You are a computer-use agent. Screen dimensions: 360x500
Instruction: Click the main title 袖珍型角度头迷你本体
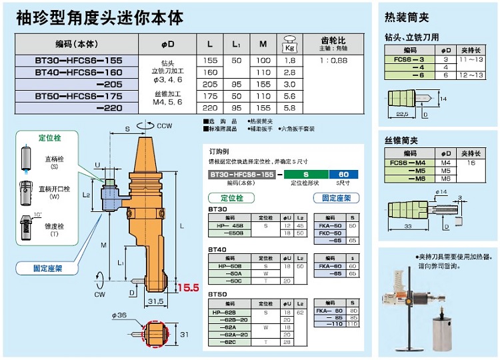[99, 17]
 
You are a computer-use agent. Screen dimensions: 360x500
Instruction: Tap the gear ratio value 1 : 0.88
[333, 60]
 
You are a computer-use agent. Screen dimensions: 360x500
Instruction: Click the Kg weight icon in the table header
[289, 43]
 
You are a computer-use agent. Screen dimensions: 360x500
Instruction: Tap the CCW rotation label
[165, 125]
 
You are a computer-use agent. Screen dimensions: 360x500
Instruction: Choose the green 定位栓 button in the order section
[227, 198]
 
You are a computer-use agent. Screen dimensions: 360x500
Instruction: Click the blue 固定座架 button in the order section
[337, 198]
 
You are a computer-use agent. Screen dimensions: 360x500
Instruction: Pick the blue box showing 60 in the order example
[344, 174]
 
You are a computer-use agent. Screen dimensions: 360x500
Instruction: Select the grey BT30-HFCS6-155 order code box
[242, 174]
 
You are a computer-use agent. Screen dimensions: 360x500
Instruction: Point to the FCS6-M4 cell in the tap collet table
[408, 162]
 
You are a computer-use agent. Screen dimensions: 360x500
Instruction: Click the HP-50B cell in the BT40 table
[229, 266]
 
